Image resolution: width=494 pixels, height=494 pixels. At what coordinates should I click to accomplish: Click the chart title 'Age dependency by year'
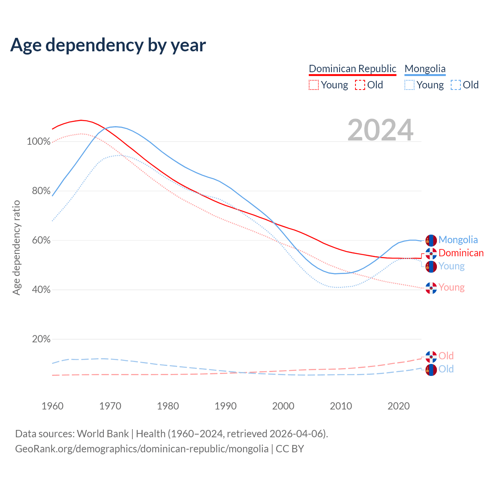[x=108, y=45]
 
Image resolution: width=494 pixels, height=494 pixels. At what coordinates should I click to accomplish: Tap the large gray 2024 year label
[x=380, y=130]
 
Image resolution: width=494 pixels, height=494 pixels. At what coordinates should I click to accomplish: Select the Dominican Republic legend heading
[x=352, y=69]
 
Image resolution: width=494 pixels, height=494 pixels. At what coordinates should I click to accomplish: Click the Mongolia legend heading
[x=425, y=69]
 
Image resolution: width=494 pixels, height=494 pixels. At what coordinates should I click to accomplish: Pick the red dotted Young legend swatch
[x=314, y=85]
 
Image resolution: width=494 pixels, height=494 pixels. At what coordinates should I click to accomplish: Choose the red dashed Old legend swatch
[x=360, y=85]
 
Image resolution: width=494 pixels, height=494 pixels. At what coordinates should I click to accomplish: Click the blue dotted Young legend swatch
[x=409, y=85]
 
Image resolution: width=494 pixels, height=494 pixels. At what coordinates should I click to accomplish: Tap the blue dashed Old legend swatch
[x=455, y=85]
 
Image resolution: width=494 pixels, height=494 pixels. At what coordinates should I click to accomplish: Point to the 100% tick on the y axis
[x=39, y=142]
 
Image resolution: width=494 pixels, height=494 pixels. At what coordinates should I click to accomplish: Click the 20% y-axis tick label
[x=41, y=339]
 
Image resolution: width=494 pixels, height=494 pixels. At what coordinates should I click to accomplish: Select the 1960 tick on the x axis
[x=52, y=406]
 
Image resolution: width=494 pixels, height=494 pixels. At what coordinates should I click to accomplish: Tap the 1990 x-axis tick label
[x=226, y=406]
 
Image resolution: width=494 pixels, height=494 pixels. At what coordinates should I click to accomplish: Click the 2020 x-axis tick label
[x=399, y=406]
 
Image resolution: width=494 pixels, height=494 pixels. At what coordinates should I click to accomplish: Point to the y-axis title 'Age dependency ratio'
[x=16, y=247]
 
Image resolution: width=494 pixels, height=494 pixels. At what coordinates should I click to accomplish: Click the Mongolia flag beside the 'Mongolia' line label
[x=431, y=240]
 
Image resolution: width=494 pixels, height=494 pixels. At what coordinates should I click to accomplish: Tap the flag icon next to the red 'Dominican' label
[x=431, y=254]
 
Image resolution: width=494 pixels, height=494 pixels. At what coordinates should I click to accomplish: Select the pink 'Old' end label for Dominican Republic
[x=446, y=356]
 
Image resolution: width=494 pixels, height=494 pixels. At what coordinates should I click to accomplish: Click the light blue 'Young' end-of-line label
[x=452, y=266]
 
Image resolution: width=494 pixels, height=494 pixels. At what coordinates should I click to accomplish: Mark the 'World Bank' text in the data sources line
[x=103, y=434]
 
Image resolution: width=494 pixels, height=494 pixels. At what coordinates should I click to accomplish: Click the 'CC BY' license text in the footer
[x=290, y=449]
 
